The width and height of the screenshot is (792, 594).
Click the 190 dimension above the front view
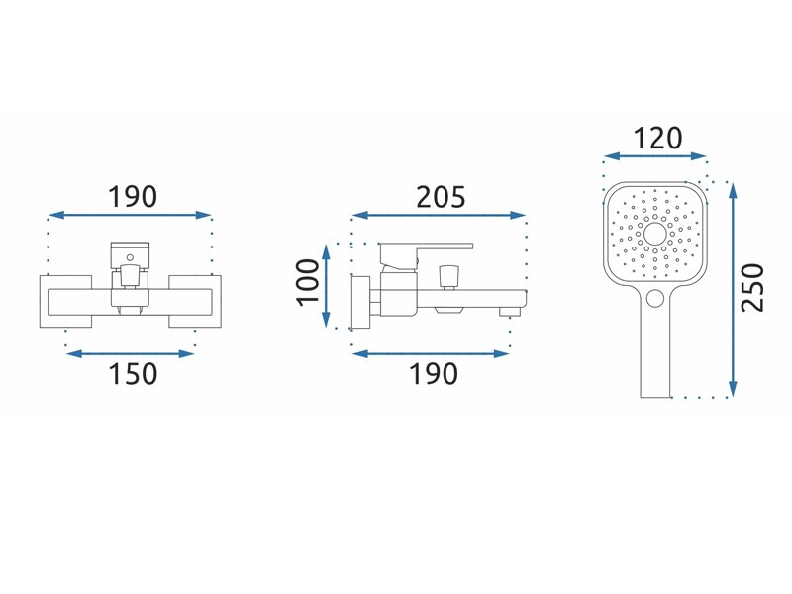click(x=133, y=196)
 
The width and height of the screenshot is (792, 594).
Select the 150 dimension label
click(x=134, y=374)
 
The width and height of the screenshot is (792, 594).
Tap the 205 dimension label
click(x=441, y=197)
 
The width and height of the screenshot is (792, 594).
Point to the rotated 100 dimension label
click(x=308, y=282)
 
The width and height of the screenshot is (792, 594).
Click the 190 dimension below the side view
click(x=434, y=374)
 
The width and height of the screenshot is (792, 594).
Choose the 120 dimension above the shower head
click(x=657, y=138)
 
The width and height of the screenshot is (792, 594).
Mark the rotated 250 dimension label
click(x=752, y=287)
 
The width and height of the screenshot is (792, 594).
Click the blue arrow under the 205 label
click(x=439, y=216)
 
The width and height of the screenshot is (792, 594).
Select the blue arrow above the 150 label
click(x=130, y=354)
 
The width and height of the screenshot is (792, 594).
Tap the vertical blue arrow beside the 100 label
click(x=327, y=286)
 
